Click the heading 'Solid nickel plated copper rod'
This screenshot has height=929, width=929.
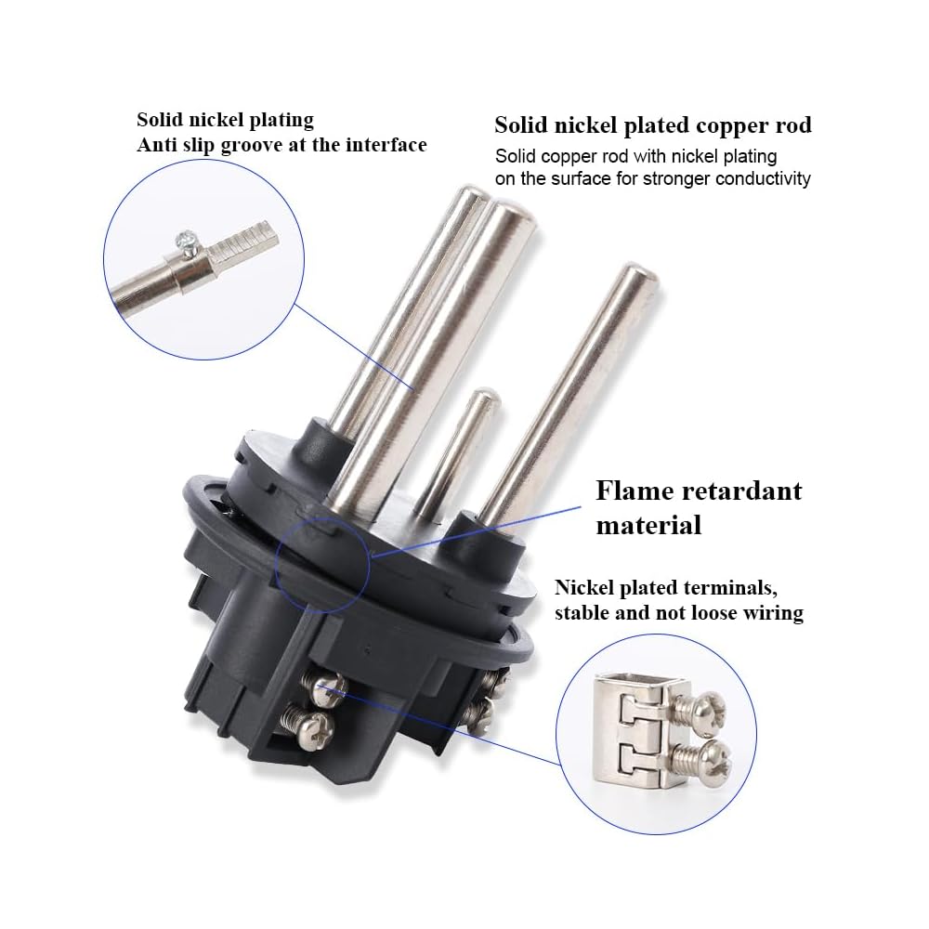(x=652, y=125)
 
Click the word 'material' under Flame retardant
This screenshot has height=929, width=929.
(x=648, y=525)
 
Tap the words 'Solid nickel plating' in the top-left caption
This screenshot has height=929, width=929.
(x=225, y=121)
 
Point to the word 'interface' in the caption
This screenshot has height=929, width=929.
(x=383, y=145)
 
